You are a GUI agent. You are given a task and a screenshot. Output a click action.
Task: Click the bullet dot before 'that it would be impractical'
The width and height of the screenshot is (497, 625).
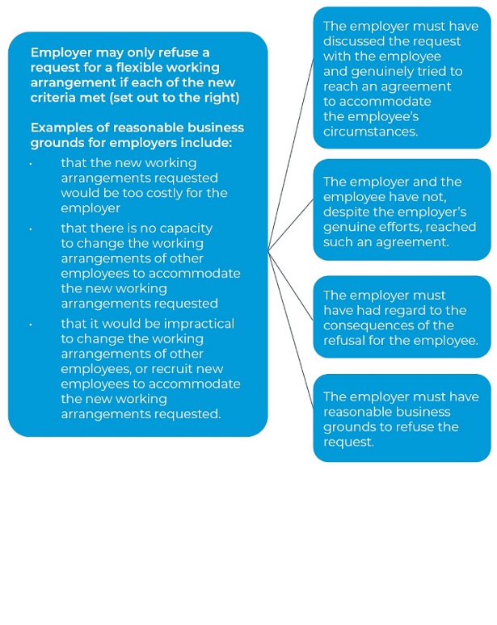31,324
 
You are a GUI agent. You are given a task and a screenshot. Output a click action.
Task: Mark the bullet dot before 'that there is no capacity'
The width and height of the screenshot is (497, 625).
31,229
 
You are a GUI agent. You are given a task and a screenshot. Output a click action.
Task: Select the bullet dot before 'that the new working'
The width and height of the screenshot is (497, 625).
31,163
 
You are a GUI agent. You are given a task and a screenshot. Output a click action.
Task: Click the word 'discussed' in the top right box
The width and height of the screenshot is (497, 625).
353,41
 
